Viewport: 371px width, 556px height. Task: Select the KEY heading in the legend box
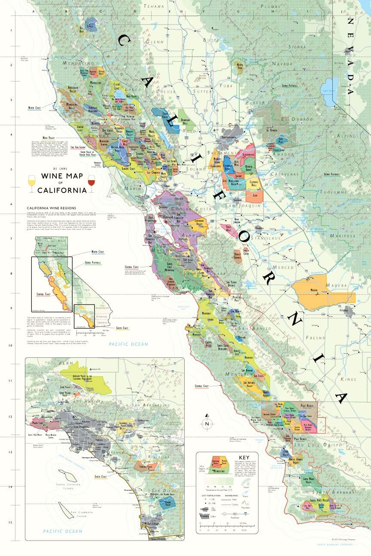[x=244, y=457]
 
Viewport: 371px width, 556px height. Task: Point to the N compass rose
[x=207, y=423]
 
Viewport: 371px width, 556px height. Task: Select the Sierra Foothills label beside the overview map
[x=93, y=262]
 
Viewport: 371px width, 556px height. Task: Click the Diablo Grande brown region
[x=238, y=256]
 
